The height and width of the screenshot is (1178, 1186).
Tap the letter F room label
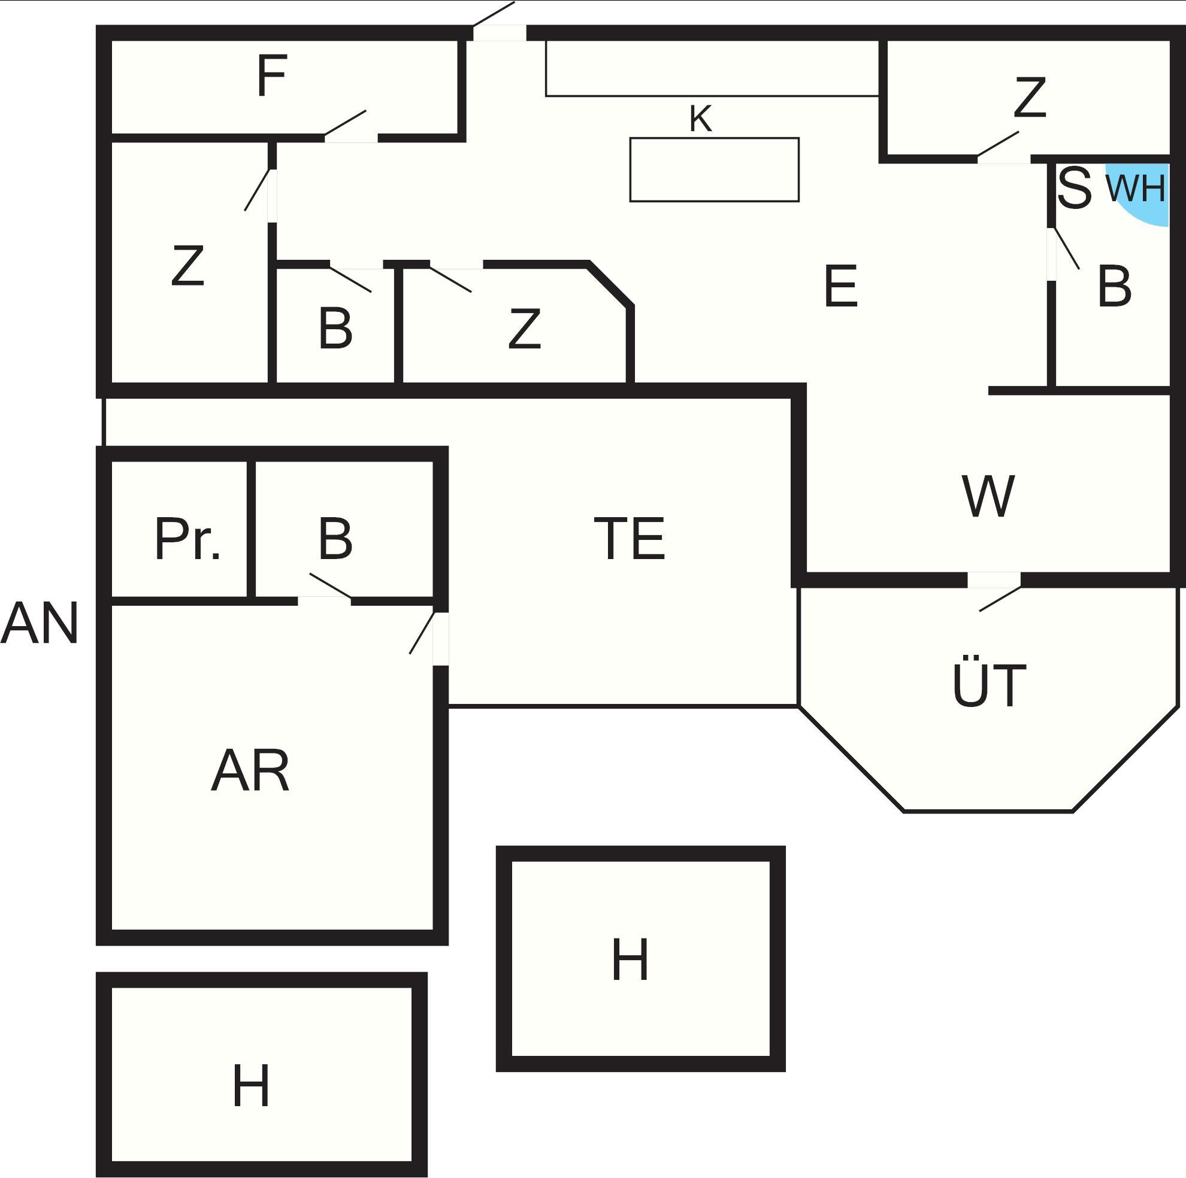(272, 76)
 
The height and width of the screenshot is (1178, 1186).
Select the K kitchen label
(700, 119)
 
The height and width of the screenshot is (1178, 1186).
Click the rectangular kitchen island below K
(715, 169)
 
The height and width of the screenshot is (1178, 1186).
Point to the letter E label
(840, 286)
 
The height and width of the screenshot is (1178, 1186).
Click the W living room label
(988, 495)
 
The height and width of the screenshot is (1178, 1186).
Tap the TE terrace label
(630, 538)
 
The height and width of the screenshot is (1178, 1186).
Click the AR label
(250, 770)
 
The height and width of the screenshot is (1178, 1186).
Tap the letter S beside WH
(1075, 187)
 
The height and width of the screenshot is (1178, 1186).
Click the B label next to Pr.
(336, 538)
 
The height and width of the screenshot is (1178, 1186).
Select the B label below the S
(1114, 286)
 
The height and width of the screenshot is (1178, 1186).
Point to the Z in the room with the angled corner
(524, 328)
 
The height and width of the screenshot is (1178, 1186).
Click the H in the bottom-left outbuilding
(251, 1085)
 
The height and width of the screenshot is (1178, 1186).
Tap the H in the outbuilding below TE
(630, 959)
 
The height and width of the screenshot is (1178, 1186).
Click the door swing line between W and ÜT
(1000, 599)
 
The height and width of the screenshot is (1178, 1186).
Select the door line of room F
(345, 123)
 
